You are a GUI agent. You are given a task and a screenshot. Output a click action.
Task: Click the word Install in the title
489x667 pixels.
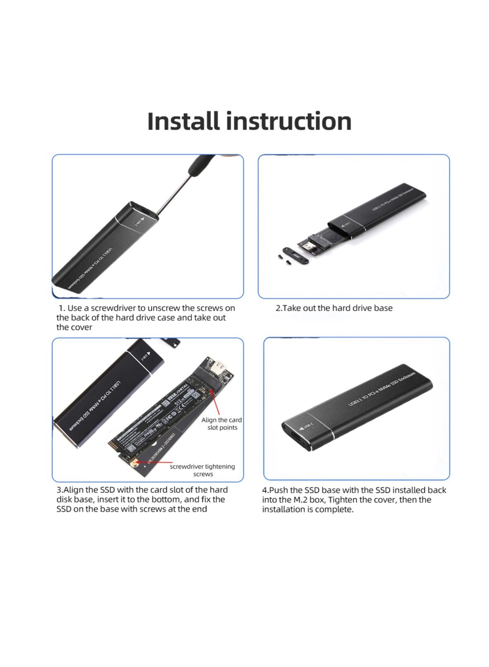[183, 121]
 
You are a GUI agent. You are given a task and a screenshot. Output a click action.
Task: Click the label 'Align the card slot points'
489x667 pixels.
[222, 424]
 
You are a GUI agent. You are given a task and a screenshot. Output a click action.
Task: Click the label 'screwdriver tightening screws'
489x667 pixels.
[202, 470]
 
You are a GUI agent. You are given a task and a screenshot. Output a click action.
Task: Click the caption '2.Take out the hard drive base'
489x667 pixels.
[334, 308]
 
